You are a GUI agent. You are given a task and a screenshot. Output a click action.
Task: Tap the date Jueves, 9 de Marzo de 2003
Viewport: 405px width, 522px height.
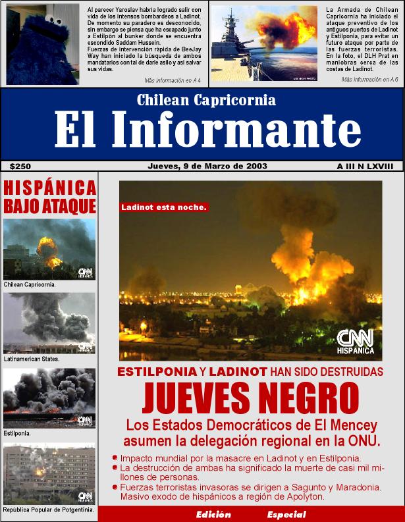pos(207,166)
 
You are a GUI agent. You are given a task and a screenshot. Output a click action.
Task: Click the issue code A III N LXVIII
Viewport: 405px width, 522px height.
pos(364,167)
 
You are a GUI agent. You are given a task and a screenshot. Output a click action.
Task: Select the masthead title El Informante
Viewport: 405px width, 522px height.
pos(207,130)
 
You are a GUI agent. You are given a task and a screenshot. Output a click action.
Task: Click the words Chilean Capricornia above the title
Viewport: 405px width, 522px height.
pos(206,101)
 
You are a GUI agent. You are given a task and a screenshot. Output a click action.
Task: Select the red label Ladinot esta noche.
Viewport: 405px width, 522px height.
pos(164,207)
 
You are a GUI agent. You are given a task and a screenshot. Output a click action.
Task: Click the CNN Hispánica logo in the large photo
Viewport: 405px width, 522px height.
pos(355,342)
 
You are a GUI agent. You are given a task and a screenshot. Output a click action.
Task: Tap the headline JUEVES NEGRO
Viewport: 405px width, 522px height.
pos(250,396)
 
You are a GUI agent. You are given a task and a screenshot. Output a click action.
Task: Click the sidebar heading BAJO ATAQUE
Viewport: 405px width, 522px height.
pos(50,206)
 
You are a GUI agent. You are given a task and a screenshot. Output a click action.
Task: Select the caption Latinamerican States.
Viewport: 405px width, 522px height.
pos(32,359)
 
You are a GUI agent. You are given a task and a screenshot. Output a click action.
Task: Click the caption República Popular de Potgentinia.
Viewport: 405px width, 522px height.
pos(49,509)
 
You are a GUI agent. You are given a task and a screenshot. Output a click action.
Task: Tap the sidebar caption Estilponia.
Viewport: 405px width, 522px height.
pos(17,434)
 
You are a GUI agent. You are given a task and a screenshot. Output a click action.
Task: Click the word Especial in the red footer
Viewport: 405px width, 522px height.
pos(286,514)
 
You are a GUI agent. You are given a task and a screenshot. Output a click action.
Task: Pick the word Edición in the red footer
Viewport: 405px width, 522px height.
pos(213,514)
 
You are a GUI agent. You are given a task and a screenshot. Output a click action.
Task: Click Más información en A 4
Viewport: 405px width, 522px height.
pos(173,80)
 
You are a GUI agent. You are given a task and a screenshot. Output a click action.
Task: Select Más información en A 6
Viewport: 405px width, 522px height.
pos(369,79)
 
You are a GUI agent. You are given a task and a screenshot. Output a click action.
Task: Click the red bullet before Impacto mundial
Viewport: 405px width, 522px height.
pos(115,457)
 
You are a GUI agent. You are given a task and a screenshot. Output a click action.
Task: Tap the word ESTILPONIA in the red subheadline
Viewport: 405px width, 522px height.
pos(156,371)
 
